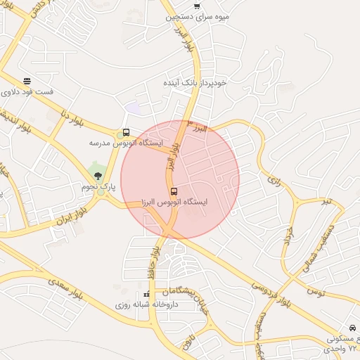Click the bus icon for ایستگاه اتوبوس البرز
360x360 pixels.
pyautogui.click(x=173, y=191)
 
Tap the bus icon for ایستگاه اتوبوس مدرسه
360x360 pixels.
pyautogui.click(x=126, y=132)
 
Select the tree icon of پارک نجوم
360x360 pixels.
pyautogui.click(x=98, y=176)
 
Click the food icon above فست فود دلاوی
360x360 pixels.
pyautogui.click(x=27, y=82)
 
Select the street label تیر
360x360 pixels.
pyautogui.click(x=325, y=202)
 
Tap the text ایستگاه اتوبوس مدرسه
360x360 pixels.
pyautogui.click(x=126, y=143)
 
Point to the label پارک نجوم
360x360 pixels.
pyautogui.click(x=98, y=187)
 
